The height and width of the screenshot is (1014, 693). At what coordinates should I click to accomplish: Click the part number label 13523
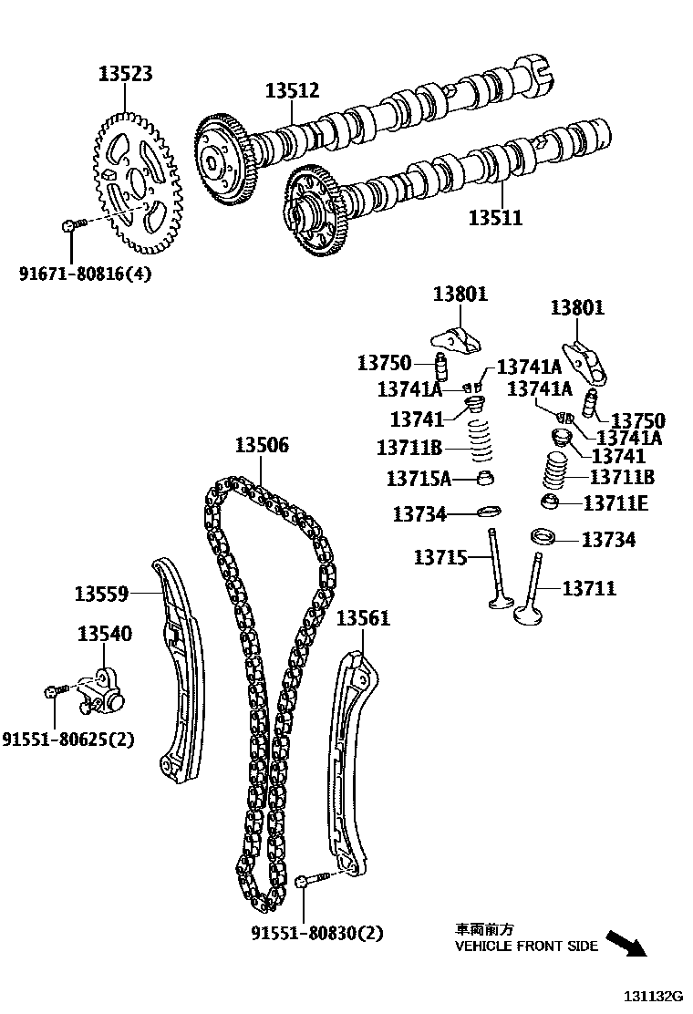tap(126, 74)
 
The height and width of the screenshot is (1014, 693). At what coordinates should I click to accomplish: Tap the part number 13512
tap(293, 90)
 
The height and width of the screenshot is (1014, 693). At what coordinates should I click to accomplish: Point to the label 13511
tap(495, 218)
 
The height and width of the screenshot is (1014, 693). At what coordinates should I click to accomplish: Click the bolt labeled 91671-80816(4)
tap(70, 224)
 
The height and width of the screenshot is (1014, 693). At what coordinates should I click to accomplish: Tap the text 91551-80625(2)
tap(68, 740)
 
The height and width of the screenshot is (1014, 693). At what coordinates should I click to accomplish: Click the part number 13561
tap(363, 618)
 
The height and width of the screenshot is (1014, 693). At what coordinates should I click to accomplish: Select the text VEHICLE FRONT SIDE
tap(526, 946)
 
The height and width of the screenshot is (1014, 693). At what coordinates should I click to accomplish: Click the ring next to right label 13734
tap(544, 536)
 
